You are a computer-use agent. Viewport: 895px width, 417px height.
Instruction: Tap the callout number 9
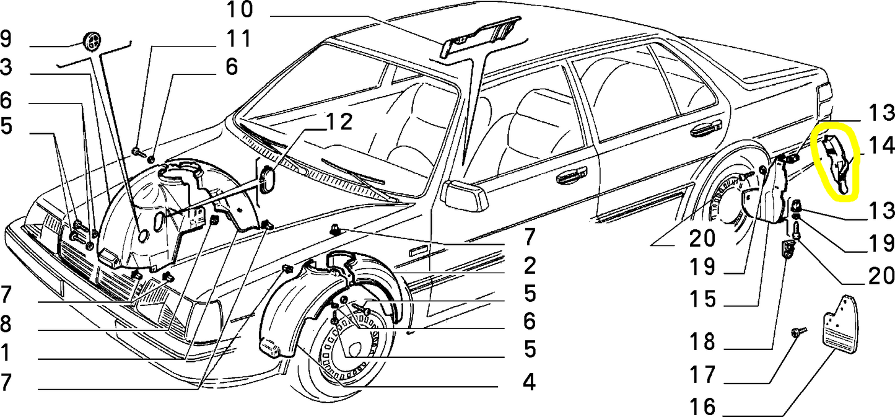coord(6,40)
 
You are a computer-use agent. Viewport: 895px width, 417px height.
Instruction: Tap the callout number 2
coord(528,266)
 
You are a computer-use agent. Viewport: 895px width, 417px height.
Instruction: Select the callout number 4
coord(528,382)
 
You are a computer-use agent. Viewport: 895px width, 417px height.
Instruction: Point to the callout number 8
coord(6,324)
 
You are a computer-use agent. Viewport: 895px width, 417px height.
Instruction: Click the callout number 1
coord(6,353)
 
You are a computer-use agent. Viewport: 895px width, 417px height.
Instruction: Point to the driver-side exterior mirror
coord(464,196)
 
